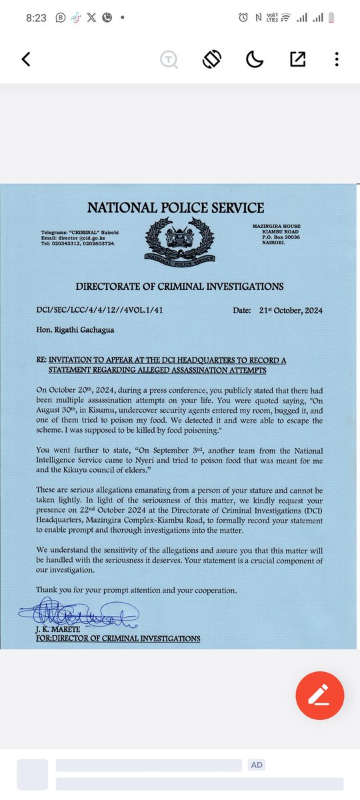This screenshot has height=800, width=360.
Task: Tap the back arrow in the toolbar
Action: (x=26, y=59)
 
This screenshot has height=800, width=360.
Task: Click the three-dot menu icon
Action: (x=337, y=59)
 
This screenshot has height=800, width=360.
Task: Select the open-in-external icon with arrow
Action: (x=297, y=59)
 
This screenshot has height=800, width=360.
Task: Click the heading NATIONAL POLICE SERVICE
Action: (x=175, y=208)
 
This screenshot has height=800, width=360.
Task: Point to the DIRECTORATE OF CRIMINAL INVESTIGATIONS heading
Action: (x=179, y=287)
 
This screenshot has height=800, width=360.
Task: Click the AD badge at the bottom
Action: (x=257, y=765)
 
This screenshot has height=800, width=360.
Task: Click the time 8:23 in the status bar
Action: (x=36, y=18)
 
